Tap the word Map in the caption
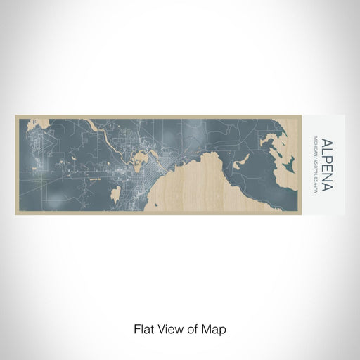(214, 328)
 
